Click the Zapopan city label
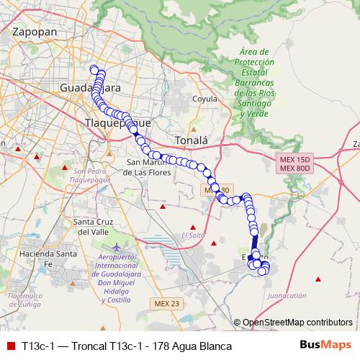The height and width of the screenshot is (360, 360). tap(35, 32)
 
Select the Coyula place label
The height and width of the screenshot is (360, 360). tap(205, 99)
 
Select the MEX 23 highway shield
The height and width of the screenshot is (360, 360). tap(166, 303)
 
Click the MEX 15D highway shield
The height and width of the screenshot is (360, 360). tap(293, 159)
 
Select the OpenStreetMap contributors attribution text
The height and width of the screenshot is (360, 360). tap(297, 323)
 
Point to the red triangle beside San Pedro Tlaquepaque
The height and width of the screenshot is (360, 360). tap(66, 168)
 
